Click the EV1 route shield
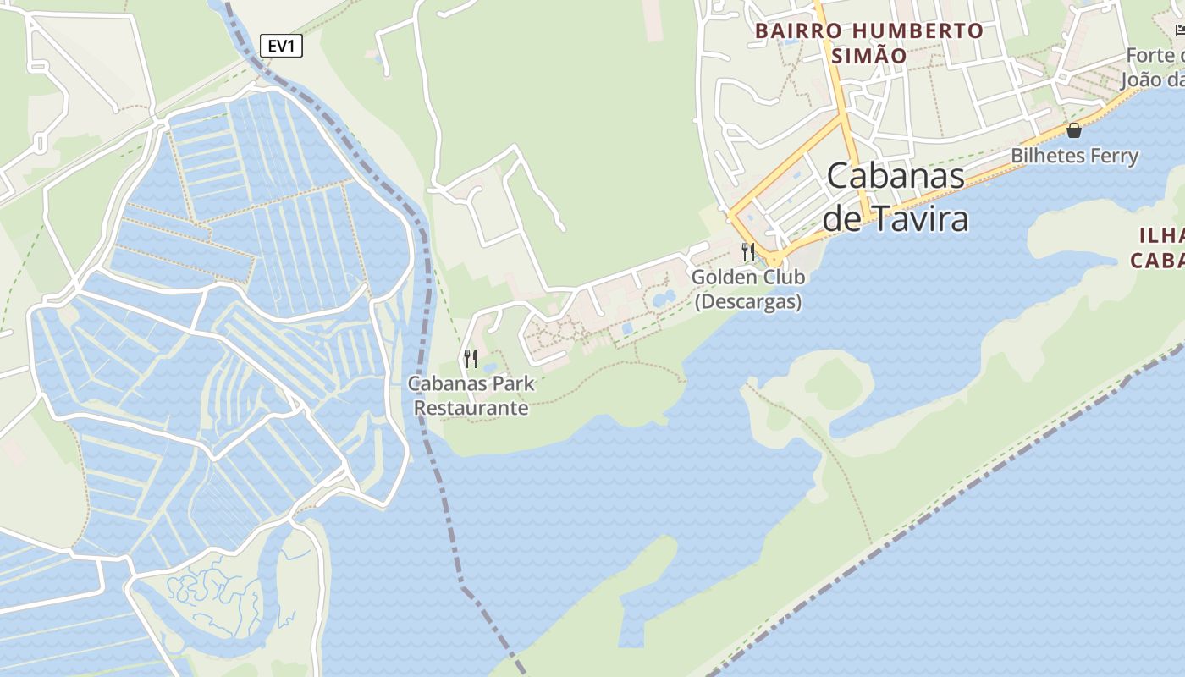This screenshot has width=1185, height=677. [x=280, y=46]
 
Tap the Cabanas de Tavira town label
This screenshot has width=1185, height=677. [x=896, y=197]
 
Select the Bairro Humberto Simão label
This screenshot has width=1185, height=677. [x=869, y=43]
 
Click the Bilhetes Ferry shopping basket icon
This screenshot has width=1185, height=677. [x=1074, y=130]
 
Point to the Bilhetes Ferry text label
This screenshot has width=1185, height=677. [x=1074, y=156]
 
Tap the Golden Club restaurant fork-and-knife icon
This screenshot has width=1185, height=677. [x=747, y=251]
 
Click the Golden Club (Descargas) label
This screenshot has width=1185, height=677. [x=747, y=289]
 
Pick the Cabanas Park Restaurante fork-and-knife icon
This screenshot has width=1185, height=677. [x=471, y=358]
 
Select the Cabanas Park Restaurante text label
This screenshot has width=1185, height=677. [x=471, y=395]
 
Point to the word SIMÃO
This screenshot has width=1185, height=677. [x=869, y=56]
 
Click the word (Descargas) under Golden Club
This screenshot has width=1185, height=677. [x=747, y=301]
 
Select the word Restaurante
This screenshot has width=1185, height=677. [x=471, y=408]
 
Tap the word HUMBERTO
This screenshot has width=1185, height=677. [x=918, y=31]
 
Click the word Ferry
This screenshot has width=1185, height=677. [x=1109, y=156]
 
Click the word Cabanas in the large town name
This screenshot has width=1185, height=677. [x=896, y=176]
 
